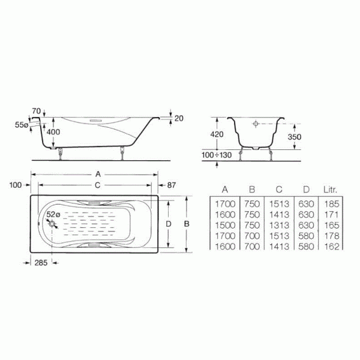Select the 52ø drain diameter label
pyautogui.click(x=53, y=214)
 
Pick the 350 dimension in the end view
pyautogui.click(x=293, y=137)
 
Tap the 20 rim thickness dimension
pyautogui.click(x=178, y=118)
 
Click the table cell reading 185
pyautogui.click(x=331, y=204)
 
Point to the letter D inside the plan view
pyautogui.click(x=169, y=223)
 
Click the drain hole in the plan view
pyautogui.click(x=52, y=226)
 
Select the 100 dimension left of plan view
pyautogui.click(x=16, y=185)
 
